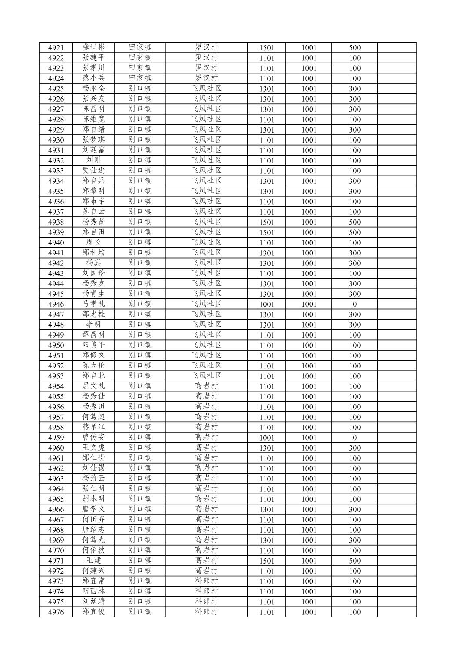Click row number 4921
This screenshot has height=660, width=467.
[56, 48]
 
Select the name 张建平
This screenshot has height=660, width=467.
[93, 58]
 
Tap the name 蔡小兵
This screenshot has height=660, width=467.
[93, 78]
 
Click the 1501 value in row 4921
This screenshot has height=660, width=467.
[267, 48]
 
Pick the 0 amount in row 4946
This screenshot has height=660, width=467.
[354, 304]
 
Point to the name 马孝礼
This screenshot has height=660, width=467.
[93, 304]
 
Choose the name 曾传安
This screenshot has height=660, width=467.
[93, 437]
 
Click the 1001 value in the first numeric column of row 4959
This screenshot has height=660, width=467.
[267, 438]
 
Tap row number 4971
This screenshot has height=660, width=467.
[56, 561]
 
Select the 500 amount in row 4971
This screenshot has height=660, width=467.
[354, 561]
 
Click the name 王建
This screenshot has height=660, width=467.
[93, 560]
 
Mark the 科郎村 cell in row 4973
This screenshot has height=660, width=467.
[206, 581]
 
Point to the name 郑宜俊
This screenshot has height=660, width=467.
[93, 612]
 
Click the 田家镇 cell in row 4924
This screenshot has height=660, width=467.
[140, 78]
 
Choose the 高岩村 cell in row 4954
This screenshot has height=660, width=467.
[206, 386]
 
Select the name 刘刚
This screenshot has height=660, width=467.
[93, 160]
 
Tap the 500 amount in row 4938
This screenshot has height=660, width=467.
[354, 222]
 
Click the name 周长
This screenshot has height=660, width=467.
[93, 242]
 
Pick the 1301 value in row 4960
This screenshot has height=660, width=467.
[267, 448]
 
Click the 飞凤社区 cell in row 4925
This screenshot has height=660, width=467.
[206, 88]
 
